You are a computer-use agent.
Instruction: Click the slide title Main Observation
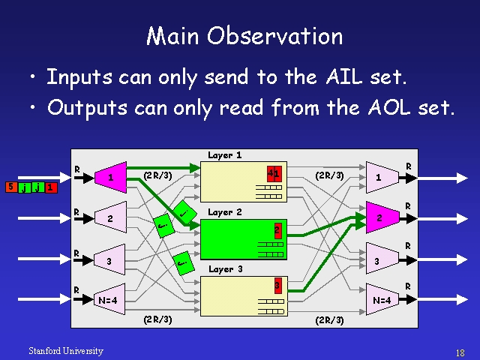click(244, 36)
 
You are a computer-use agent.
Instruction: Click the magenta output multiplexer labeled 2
click(380, 218)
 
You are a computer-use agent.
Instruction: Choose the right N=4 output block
click(381, 299)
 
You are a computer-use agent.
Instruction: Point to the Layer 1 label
click(224, 156)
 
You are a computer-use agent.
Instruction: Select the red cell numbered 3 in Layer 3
click(277, 286)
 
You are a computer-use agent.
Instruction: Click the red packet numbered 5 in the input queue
click(10, 187)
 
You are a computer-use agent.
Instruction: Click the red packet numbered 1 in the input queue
click(50, 187)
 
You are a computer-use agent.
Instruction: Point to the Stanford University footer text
click(65, 351)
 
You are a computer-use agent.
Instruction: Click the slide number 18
click(460, 352)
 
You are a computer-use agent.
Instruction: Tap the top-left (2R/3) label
click(157, 175)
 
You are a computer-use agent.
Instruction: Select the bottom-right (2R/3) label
click(329, 319)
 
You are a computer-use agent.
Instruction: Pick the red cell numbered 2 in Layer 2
click(277, 229)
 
